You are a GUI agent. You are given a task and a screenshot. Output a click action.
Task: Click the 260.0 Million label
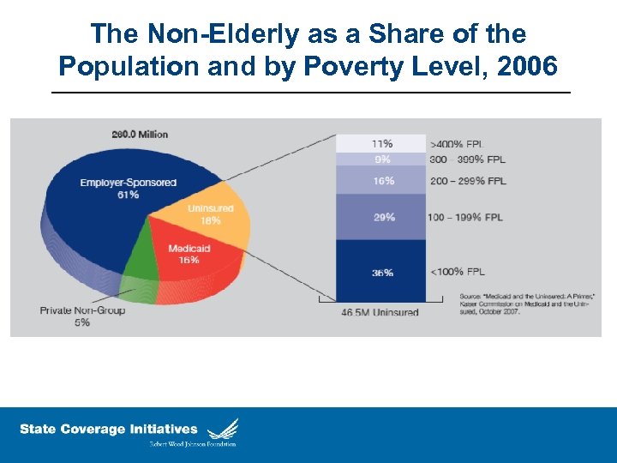pos(139,134)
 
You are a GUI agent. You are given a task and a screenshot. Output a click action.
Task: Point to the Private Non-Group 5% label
pos(82,316)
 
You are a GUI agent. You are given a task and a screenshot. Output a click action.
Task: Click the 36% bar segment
pos(381,272)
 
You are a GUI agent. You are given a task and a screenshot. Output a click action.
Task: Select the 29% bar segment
pos(381,217)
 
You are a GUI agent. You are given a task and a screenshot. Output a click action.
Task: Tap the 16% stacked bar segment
pos(381,180)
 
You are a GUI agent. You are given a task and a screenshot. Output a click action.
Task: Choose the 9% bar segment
pos(381,159)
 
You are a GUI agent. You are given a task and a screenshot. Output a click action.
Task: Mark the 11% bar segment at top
pos(381,143)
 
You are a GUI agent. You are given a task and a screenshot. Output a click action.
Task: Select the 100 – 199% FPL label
pos(467,217)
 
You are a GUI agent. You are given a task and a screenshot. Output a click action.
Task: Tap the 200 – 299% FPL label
pos(467,181)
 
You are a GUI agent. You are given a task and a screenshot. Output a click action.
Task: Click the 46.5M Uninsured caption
pos(380,312)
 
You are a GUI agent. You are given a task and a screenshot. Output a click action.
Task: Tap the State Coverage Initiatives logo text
pos(109,430)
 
